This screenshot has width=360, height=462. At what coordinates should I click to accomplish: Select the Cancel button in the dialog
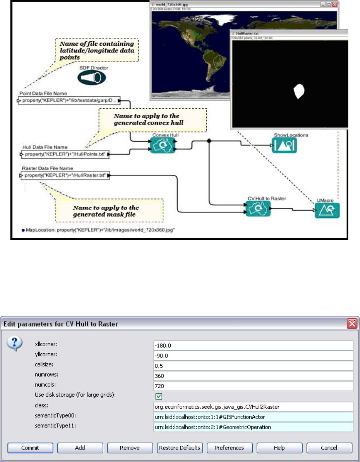point(329,448)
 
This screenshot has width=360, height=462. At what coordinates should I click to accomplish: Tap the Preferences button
point(229,448)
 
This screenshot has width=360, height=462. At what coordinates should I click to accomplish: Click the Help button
point(279,448)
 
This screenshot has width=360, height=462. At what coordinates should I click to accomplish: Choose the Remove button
point(129,448)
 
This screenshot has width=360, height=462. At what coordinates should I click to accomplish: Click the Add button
point(80,448)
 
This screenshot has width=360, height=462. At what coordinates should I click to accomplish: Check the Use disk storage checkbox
point(159,396)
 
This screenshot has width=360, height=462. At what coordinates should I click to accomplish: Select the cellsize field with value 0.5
point(253,366)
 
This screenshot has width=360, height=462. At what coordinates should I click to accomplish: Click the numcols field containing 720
point(253,386)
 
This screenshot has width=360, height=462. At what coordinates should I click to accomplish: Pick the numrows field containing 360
point(253,376)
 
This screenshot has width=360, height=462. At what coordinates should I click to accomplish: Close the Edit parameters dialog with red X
point(352,324)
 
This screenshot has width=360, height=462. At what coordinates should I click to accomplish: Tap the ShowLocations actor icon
point(285,145)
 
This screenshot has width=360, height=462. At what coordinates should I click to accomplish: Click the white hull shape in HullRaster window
point(299,91)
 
